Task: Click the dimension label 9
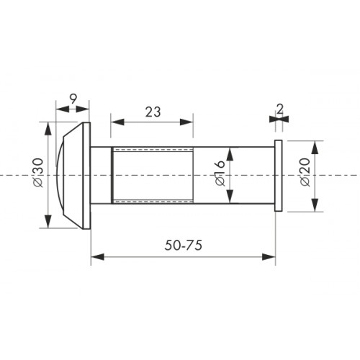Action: (x=73, y=99)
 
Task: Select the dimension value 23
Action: (x=153, y=112)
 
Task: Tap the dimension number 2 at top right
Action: (x=280, y=109)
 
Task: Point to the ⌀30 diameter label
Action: (x=38, y=173)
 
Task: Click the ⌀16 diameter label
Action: (x=220, y=173)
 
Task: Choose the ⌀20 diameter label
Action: (x=305, y=172)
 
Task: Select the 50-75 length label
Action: (x=184, y=246)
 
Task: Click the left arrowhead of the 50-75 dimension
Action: (x=97, y=257)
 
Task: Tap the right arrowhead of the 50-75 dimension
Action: (x=269, y=257)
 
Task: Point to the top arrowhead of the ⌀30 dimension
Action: (x=48, y=129)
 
